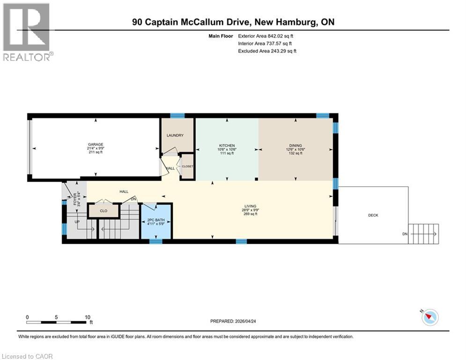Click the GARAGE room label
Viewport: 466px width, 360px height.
pos(95,144)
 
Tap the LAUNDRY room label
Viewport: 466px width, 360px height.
pos(175,135)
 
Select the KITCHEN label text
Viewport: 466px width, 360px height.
pos(227,146)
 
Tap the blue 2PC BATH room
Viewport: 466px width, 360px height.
pos(156,221)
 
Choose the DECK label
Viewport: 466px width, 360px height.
pos(373,215)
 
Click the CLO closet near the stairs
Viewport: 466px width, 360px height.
pos(104,211)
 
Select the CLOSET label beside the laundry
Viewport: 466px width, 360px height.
pos(187,166)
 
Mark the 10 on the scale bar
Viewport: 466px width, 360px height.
pos(87,317)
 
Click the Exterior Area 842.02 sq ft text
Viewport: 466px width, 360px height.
pos(266,36)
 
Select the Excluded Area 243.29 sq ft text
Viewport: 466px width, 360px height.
pos(267,51)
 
